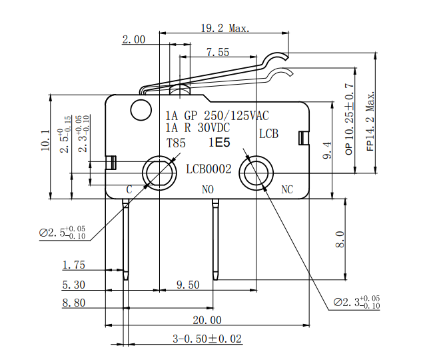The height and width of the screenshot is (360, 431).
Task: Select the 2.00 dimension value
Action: pos(133,40)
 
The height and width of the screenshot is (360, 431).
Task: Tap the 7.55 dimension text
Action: pos(218,52)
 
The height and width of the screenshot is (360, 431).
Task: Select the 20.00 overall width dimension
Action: pos(207,320)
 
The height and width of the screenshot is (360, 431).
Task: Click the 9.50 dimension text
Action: pos(188,285)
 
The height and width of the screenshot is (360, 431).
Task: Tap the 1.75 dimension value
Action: pos(74,265)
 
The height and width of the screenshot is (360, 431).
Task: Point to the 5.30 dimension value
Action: pos(74,285)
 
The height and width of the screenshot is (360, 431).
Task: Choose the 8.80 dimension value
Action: pos(74,303)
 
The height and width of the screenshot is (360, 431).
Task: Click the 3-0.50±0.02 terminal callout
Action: pos(207,339)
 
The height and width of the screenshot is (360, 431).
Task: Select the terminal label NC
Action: pos(287,190)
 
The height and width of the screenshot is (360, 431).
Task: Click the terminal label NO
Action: pos(208,190)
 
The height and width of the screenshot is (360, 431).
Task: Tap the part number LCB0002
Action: pos(209,169)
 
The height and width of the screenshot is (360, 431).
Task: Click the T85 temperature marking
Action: pos(176,143)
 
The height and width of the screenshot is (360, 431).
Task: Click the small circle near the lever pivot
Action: pos(141,109)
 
